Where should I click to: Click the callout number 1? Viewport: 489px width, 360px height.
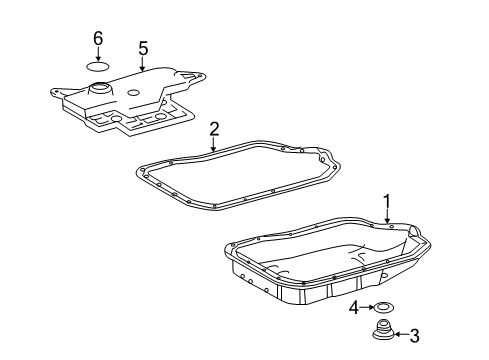pos(386,204)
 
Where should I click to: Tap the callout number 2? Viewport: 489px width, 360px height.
pos(214,129)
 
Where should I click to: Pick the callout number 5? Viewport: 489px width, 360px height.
pos(143,47)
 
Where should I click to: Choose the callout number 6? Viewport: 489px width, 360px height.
pos(98,39)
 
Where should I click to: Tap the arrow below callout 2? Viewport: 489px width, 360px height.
pos(214,145)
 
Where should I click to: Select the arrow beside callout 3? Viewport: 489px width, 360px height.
pos(401,336)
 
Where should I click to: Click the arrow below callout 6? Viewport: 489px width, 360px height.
pos(98,54)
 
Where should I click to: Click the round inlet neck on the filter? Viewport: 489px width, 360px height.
pos(101,91)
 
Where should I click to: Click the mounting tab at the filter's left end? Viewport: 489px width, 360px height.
pos(57,92)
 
